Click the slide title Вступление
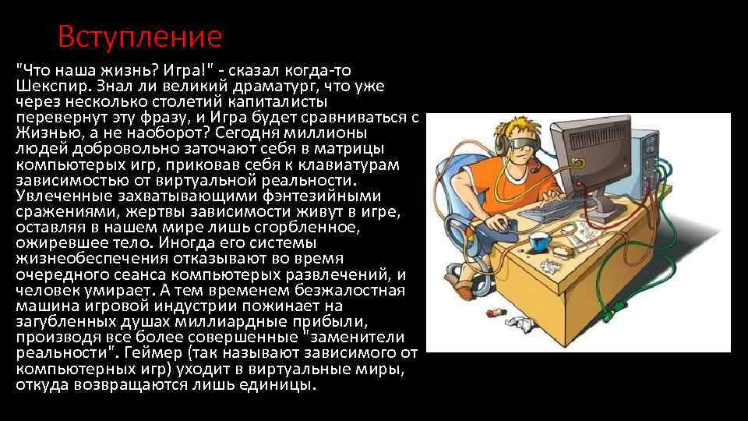pyautogui.click(x=140, y=36)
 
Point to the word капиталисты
pyautogui.click(x=284, y=101)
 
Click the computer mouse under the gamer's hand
pyautogui.click(x=507, y=225)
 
